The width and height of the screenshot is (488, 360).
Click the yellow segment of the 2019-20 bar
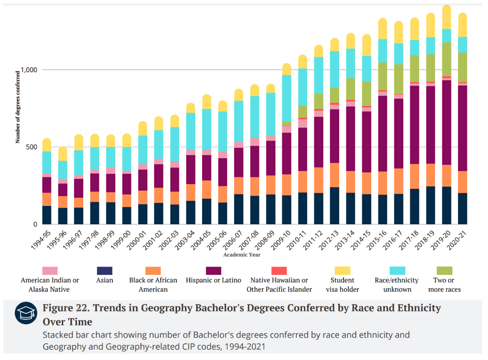(x=447, y=17)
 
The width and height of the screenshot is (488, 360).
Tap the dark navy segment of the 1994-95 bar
(x=47, y=215)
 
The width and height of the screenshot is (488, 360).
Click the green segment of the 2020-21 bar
(x=462, y=68)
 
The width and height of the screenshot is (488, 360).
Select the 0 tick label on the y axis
(x=36, y=224)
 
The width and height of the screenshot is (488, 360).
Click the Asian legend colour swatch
(x=104, y=270)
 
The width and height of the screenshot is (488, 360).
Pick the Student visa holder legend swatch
(x=342, y=270)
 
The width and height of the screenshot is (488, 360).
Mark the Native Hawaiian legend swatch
(x=279, y=270)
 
